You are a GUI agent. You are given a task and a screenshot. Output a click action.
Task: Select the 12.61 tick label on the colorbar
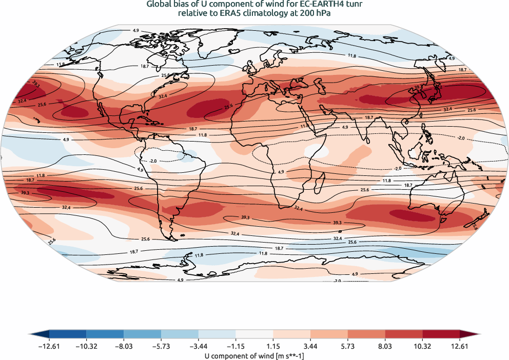click(460, 347)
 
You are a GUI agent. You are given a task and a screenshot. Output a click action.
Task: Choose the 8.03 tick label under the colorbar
click(385, 347)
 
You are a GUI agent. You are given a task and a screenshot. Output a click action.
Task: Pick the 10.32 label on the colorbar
click(422, 347)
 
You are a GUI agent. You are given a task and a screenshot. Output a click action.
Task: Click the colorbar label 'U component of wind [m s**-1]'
click(254, 355)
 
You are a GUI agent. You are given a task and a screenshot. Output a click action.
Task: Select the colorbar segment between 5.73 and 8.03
click(366, 334)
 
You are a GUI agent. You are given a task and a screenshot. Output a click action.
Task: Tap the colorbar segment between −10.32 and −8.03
click(105, 334)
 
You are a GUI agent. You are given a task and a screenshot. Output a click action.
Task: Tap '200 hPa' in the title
click(312, 14)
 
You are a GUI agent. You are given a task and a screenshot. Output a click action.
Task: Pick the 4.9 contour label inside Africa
click(280, 172)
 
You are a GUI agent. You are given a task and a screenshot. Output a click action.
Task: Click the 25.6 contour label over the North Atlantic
click(228, 106)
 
